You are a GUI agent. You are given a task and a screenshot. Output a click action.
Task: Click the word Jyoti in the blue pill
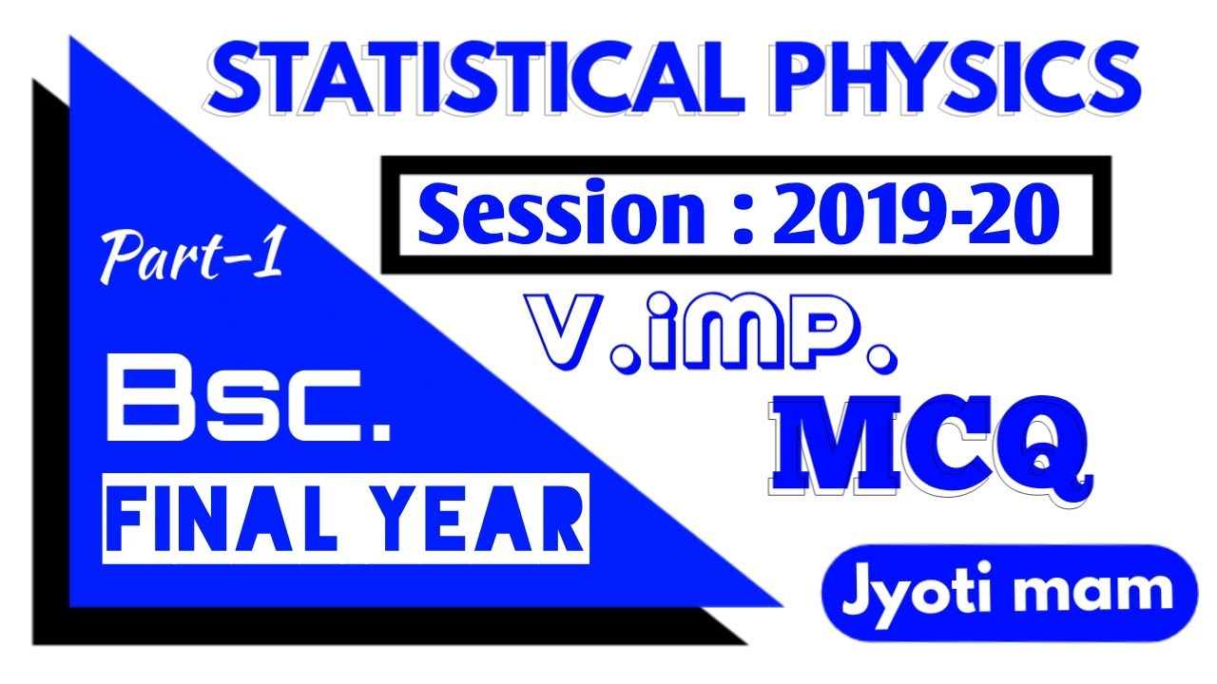pyautogui.click(x=913, y=592)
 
